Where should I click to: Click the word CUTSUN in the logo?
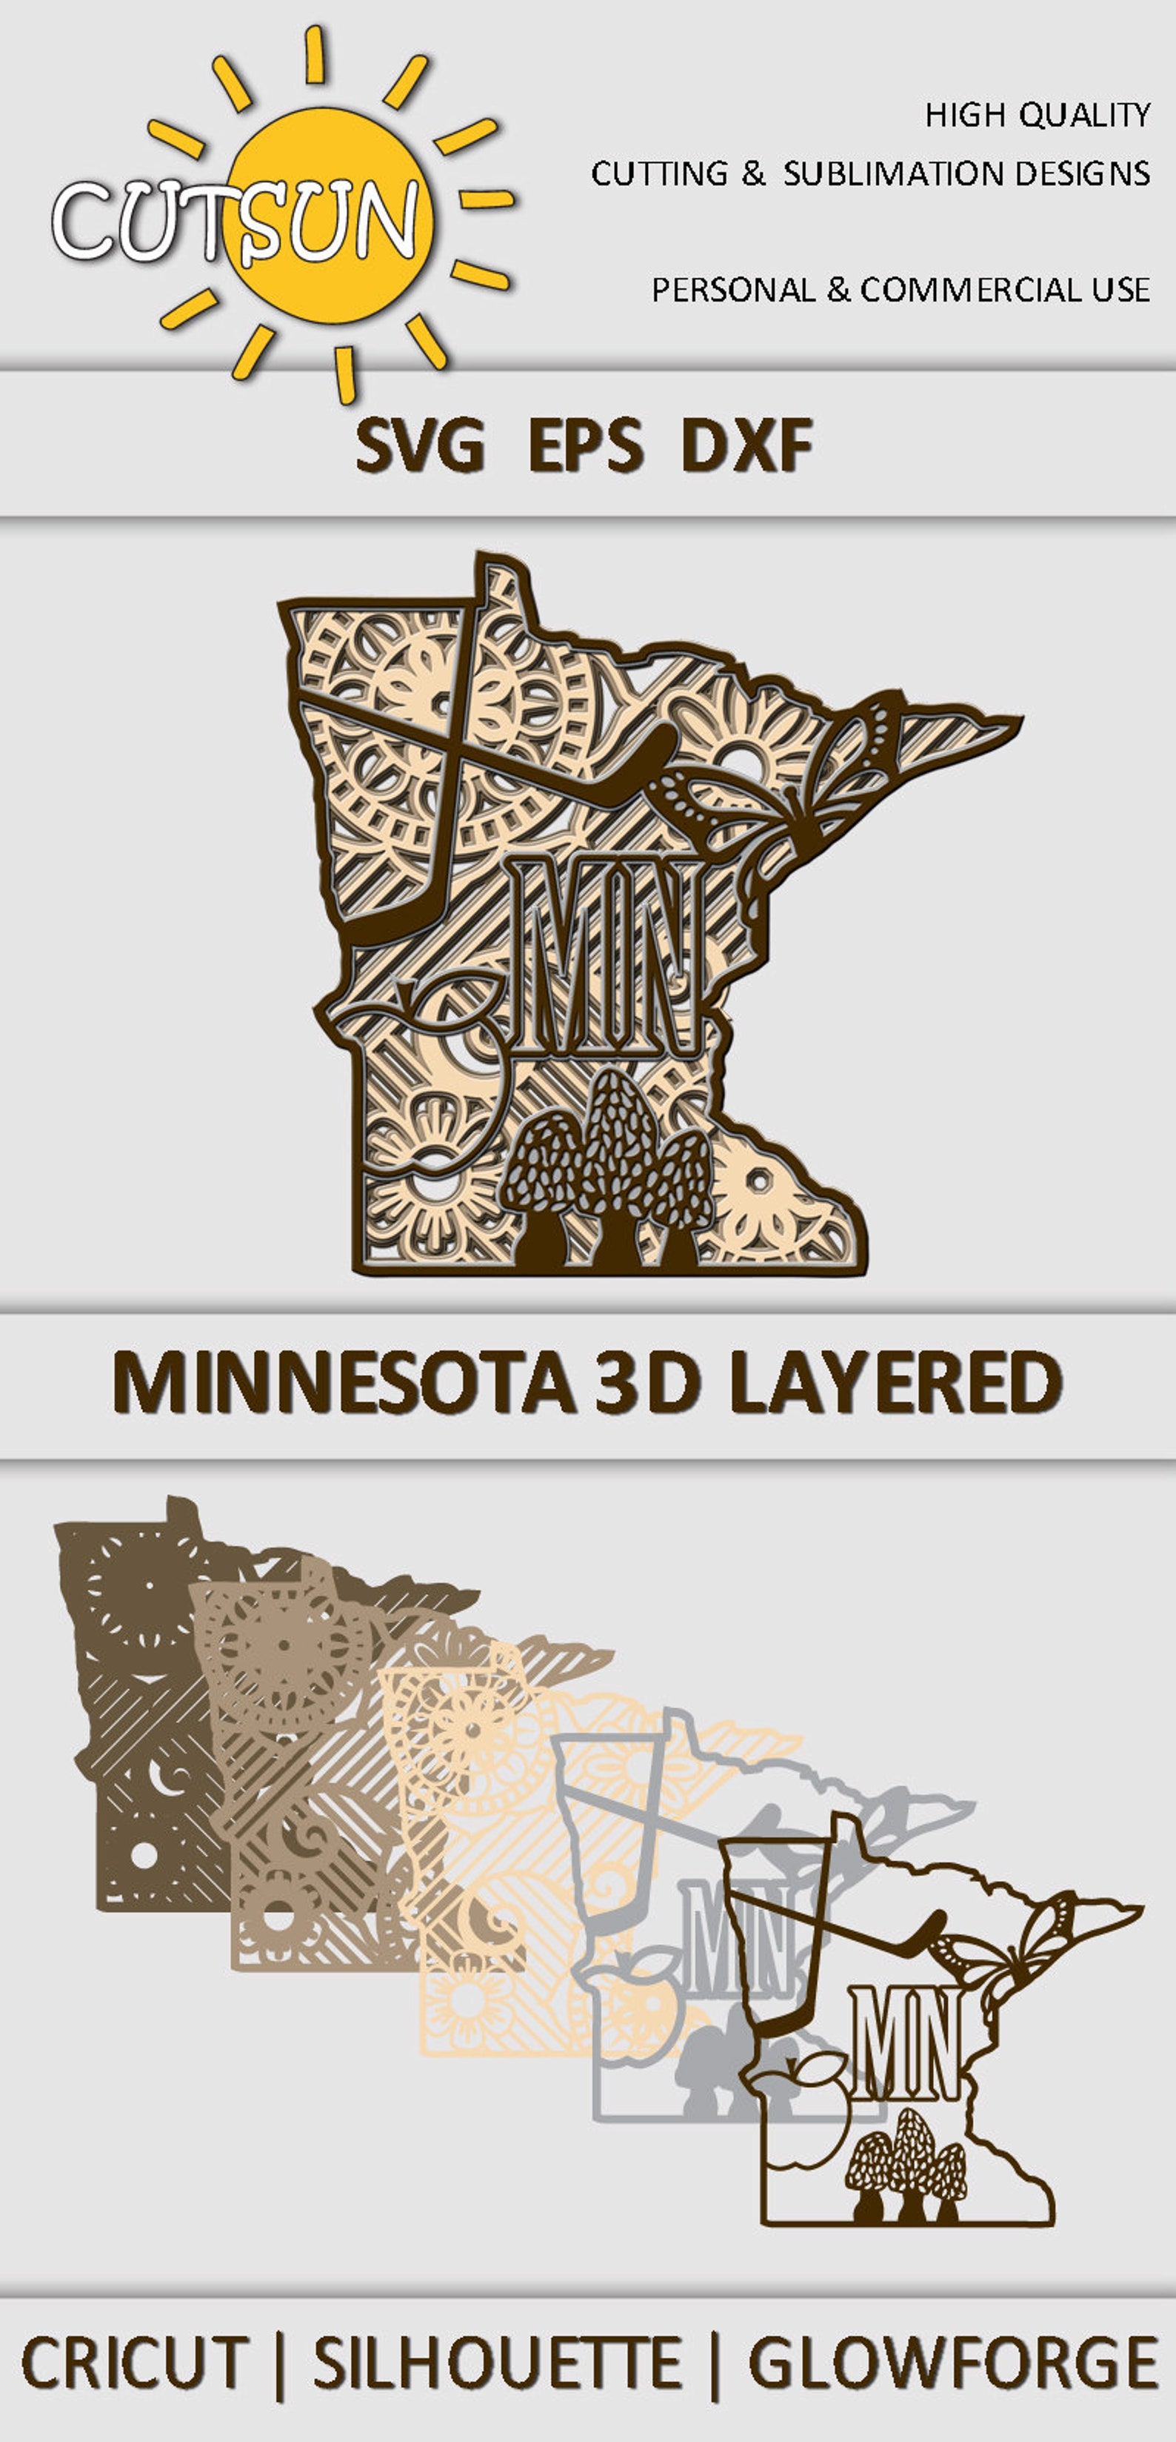pyautogui.click(x=235, y=221)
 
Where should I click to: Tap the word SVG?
pyautogui.click(x=420, y=446)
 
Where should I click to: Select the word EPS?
pyautogui.click(x=585, y=446)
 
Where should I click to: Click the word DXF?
pyautogui.click(x=746, y=446)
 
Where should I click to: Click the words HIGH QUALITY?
pyautogui.click(x=1038, y=116)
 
